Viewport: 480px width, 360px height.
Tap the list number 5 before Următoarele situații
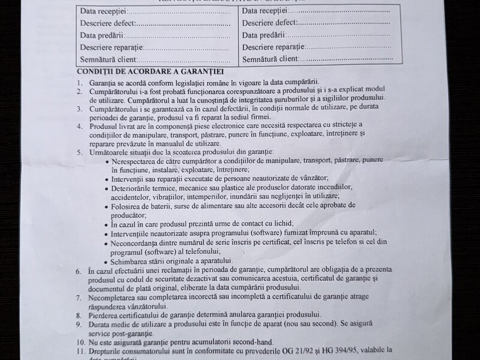79,152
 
